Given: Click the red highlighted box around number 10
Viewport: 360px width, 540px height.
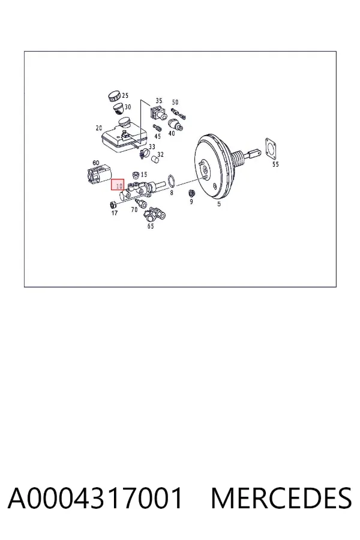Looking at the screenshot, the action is click(x=118, y=185).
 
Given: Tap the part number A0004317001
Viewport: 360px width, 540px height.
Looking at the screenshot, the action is click(x=95, y=498).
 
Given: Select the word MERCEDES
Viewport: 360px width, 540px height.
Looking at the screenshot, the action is click(x=281, y=498).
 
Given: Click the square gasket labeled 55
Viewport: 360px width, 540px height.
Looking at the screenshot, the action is click(x=272, y=149).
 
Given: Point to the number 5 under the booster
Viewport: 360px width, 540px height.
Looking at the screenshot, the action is click(x=219, y=204).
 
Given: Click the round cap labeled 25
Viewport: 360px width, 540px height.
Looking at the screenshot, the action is click(x=113, y=96).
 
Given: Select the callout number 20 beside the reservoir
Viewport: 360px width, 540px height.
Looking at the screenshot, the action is click(x=99, y=128).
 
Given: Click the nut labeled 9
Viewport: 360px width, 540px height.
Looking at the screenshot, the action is click(x=191, y=193).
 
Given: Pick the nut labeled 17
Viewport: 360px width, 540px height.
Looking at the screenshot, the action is click(x=112, y=205).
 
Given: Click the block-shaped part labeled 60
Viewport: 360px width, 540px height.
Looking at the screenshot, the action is click(x=98, y=174).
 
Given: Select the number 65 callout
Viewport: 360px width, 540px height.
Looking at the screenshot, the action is click(x=151, y=226).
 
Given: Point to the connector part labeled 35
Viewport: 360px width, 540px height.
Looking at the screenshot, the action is click(x=157, y=112).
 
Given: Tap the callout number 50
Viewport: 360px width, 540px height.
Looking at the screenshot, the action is click(x=175, y=102).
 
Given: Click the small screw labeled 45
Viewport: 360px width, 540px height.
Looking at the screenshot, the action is click(x=157, y=128).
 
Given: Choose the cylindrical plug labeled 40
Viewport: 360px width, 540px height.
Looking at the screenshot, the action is click(x=175, y=125).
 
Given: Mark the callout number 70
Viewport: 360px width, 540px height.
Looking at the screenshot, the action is click(x=134, y=209).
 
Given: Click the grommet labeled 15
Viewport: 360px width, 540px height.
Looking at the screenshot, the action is click(x=136, y=175).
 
